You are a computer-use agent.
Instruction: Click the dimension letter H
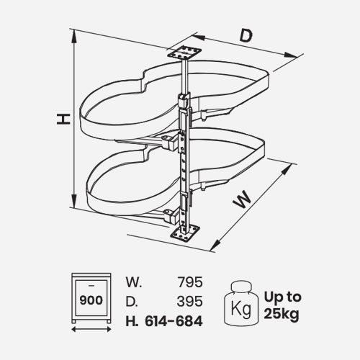63,120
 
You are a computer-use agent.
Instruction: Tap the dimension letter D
246,35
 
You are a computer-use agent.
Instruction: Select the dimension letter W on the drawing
243,199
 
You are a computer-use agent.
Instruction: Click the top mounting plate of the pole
184,53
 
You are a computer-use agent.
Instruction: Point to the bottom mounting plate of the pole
185,234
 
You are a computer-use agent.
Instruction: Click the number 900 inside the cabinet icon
91,300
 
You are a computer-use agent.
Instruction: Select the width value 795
190,282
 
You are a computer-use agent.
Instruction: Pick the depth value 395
190,302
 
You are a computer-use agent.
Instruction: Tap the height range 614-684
174,321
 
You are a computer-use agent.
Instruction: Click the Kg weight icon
241,304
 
